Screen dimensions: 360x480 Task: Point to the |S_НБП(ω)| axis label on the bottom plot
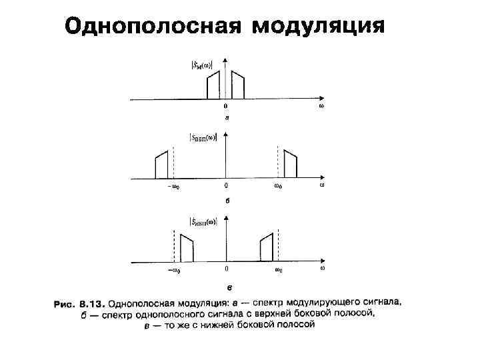pyautogui.click(x=203, y=221)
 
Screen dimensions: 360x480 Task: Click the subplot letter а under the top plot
pyautogui.click(x=227, y=118)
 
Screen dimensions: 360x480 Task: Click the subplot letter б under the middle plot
pyautogui.click(x=227, y=199)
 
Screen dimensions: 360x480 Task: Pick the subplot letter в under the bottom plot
pyautogui.click(x=229, y=287)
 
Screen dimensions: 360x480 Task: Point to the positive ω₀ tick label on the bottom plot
pyautogui.click(x=279, y=271)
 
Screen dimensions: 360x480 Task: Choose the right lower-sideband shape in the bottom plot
pyautogui.click(x=267, y=248)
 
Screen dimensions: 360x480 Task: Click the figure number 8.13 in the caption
pyautogui.click(x=92, y=303)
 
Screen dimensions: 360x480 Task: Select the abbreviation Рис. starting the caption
pyautogui.click(x=64, y=303)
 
